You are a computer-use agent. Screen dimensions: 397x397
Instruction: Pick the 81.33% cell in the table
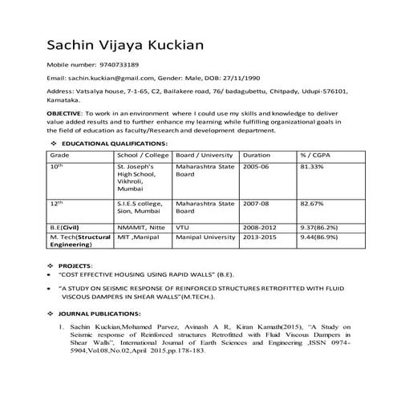(311, 165)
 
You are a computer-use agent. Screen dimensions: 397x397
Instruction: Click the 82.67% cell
(311, 205)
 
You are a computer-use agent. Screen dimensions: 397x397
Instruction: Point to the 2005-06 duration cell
(257, 165)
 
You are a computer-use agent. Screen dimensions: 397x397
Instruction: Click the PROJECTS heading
(76, 265)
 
